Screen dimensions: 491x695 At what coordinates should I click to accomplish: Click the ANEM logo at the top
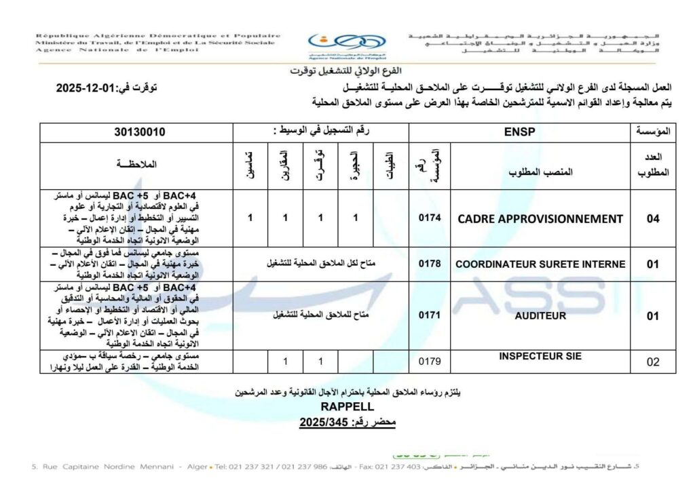346,45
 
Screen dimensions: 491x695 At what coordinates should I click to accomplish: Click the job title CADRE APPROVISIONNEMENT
540,219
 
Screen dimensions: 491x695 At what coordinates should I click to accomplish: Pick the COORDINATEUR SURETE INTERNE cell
540,264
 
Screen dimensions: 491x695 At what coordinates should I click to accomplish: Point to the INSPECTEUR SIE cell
540,357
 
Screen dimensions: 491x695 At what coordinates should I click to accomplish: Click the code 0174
430,219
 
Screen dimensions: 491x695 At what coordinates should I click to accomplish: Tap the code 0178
430,264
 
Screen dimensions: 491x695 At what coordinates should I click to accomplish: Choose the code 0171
430,315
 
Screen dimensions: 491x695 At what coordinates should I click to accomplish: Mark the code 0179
430,361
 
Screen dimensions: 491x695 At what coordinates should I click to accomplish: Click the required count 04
652,219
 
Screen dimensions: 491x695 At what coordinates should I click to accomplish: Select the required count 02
652,361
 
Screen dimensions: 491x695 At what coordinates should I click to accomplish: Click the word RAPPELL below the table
347,407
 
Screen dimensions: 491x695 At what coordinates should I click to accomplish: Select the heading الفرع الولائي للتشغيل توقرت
346,71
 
